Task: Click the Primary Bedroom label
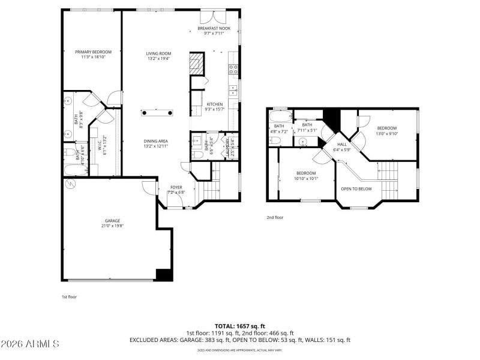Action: pos(93,52)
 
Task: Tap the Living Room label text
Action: pos(158,53)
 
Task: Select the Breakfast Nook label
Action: pos(214,28)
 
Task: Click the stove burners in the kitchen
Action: pos(233,70)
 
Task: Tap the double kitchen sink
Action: pos(232,92)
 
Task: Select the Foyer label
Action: pos(176,187)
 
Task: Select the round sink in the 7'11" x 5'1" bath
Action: pos(303,142)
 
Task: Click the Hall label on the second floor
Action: pos(342,145)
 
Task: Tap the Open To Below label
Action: pos(356,188)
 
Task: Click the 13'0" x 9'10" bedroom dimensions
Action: pos(386,134)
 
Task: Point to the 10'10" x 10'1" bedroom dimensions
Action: pos(306,178)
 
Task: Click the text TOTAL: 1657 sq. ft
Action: pos(239,326)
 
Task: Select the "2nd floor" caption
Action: pos(275,217)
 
